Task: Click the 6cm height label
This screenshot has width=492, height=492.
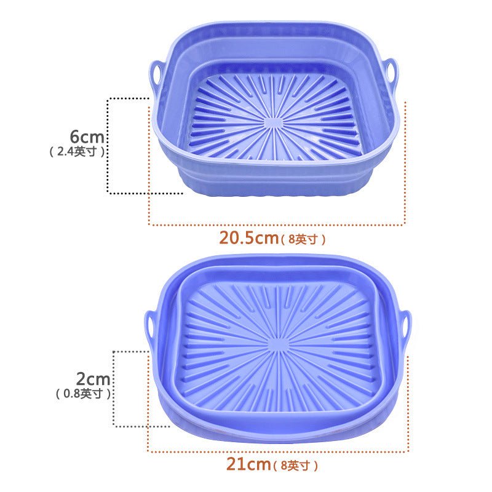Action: pyautogui.click(x=85, y=137)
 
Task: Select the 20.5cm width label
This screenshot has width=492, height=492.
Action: pyautogui.click(x=248, y=238)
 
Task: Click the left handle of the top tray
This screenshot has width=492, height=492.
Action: pyautogui.click(x=155, y=74)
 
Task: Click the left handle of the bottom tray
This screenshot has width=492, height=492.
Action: pyautogui.click(x=151, y=323)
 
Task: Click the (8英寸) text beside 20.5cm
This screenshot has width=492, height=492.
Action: pyautogui.click(x=303, y=239)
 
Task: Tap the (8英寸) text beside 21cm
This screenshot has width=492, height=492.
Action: pyautogui.click(x=296, y=466)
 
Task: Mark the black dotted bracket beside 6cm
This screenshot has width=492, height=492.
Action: pyautogui.click(x=109, y=145)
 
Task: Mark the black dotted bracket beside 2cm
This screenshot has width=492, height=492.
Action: pyautogui.click(x=114, y=387)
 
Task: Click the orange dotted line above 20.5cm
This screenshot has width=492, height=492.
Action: pyautogui.click(x=277, y=225)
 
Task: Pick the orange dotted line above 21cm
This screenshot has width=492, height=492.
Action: pyautogui.click(x=277, y=452)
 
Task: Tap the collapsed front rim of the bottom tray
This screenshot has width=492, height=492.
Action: pyautogui.click(x=277, y=424)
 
